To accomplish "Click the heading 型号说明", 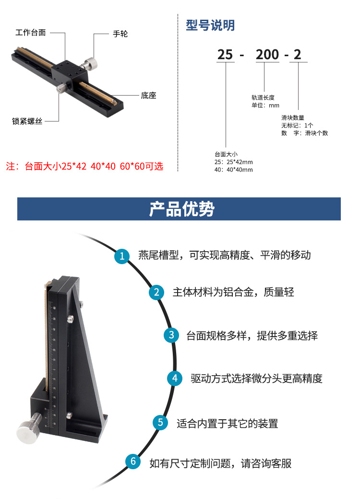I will pyautogui.click(x=210, y=25).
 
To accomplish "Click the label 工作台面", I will pyautogui.click(x=31, y=33).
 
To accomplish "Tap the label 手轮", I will pyautogui.click(x=120, y=34).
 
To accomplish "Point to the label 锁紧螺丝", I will pyautogui.click(x=27, y=122).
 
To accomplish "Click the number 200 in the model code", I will pyautogui.click(x=267, y=55).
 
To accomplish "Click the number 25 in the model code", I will pyautogui.click(x=225, y=55).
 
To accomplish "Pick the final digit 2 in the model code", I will pyautogui.click(x=298, y=55).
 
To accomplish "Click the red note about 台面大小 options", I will pyautogui.click(x=84, y=167).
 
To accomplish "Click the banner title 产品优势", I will pyautogui.click(x=179, y=209).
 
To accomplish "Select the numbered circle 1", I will pyautogui.click(x=122, y=256).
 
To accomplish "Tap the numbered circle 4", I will pyautogui.click(x=175, y=378).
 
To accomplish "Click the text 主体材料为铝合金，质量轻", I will pyautogui.click(x=233, y=292).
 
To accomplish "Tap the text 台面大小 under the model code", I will pyautogui.click(x=226, y=154).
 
